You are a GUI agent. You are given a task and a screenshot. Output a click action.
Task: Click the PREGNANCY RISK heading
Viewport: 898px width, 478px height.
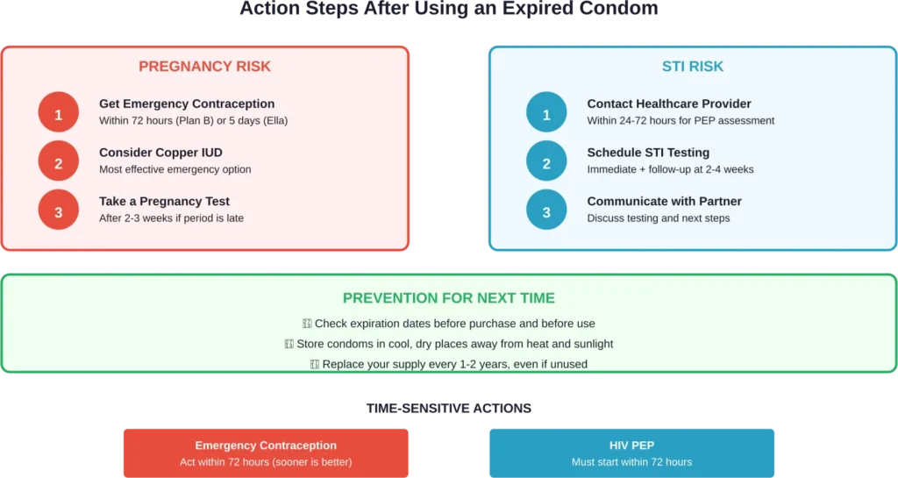[204, 67]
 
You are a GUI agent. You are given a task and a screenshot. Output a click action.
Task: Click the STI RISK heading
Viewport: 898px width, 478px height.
[692, 67]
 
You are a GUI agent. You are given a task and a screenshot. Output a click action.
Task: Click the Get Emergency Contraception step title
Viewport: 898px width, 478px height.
[187, 103]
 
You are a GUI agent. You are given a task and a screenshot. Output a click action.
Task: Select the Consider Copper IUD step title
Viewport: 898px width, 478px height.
[160, 153]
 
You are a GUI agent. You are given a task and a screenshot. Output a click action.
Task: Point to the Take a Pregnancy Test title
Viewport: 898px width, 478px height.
[165, 201]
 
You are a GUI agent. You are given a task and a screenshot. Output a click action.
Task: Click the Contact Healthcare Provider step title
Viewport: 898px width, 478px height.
[669, 103]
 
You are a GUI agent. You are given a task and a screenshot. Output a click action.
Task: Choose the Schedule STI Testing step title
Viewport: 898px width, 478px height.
[648, 153]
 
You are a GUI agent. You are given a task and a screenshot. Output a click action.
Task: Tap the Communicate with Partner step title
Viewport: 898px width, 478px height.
[664, 201]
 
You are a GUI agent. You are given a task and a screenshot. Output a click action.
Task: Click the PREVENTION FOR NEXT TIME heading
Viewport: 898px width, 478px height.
[448, 298]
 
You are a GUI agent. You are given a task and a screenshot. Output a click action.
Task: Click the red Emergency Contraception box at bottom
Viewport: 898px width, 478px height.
[266, 453]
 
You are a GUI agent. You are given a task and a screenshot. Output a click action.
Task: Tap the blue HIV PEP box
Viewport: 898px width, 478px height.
[631, 453]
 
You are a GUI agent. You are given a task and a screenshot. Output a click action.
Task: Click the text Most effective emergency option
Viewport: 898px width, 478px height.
[175, 169]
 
